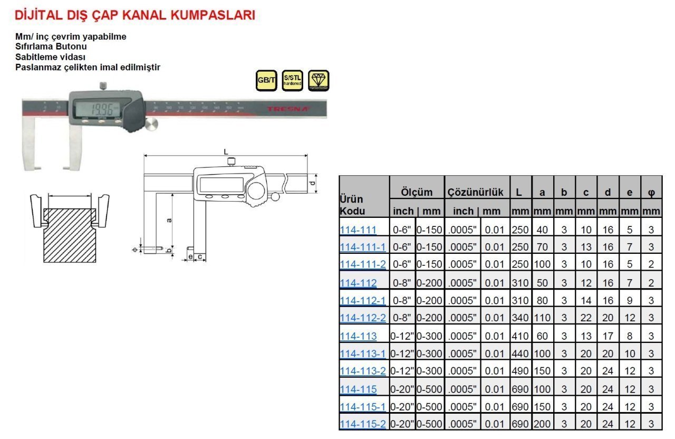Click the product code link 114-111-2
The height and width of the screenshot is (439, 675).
click(363, 264)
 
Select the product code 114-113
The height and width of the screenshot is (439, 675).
click(358, 336)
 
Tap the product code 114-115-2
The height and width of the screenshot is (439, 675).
click(363, 424)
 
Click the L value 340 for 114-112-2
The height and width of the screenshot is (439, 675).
click(520, 318)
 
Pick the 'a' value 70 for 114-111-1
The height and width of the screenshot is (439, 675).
click(542, 247)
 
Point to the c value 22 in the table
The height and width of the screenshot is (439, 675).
click(586, 318)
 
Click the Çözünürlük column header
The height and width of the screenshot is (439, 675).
click(476, 193)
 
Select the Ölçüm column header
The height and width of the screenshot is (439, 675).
click(417, 193)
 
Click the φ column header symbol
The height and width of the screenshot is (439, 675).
click(651, 193)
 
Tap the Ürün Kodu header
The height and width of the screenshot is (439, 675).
click(351, 205)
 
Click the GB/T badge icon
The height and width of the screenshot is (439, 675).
click(266, 80)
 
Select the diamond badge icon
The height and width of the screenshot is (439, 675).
click(319, 80)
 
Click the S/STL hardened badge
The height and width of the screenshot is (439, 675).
click(292, 80)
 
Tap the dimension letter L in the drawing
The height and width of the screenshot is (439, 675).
click(226, 151)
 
